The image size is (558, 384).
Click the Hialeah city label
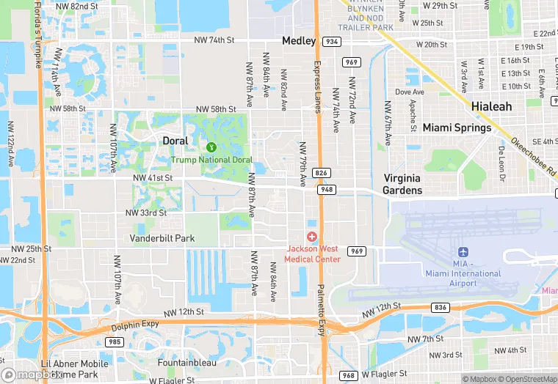492,106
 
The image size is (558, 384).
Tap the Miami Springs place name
457,128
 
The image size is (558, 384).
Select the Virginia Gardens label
403,184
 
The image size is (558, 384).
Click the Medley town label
299,41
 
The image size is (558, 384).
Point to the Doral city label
175,141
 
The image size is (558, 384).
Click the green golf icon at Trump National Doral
211,148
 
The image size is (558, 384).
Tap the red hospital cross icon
312,236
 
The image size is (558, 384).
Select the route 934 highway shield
333,42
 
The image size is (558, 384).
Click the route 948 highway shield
326,190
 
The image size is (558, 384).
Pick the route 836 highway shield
441,308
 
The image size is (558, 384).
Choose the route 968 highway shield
349,376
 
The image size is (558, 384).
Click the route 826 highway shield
320,173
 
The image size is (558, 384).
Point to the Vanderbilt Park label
162,238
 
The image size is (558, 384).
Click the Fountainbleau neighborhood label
187,362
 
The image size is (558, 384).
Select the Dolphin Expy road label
136,326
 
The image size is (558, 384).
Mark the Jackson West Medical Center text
313,254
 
